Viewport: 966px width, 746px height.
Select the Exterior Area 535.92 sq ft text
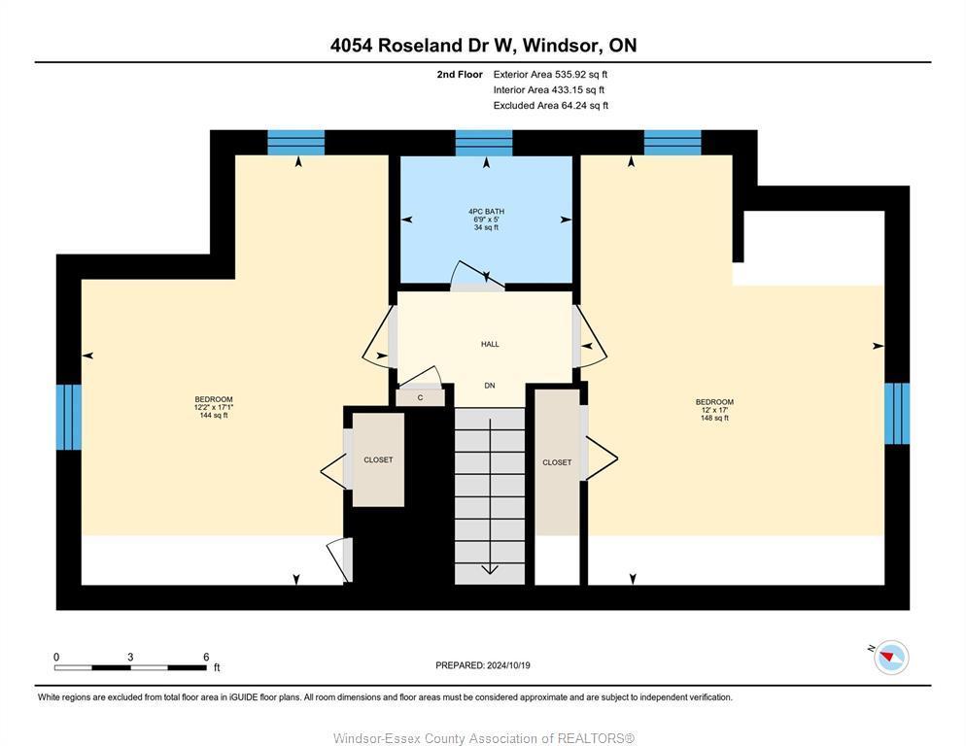[x=550, y=74]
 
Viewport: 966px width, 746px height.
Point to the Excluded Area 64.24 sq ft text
[x=550, y=106]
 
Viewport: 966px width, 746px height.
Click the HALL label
[x=490, y=344]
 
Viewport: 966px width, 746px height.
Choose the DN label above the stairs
[x=490, y=386]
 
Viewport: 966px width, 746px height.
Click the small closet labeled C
[x=420, y=397]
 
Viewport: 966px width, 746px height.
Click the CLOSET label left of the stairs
[x=378, y=459]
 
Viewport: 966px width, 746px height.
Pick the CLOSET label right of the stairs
[x=557, y=462]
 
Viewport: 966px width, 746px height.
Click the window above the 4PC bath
[x=483, y=143]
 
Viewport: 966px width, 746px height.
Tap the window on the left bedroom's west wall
[x=68, y=416]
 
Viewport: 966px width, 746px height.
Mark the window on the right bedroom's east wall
[x=897, y=413]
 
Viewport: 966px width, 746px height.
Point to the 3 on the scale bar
[x=130, y=657]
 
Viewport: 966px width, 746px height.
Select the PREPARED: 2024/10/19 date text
[x=483, y=665]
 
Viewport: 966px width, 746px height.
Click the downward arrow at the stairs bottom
[x=491, y=568]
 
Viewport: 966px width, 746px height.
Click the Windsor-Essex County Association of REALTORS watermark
[x=483, y=738]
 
